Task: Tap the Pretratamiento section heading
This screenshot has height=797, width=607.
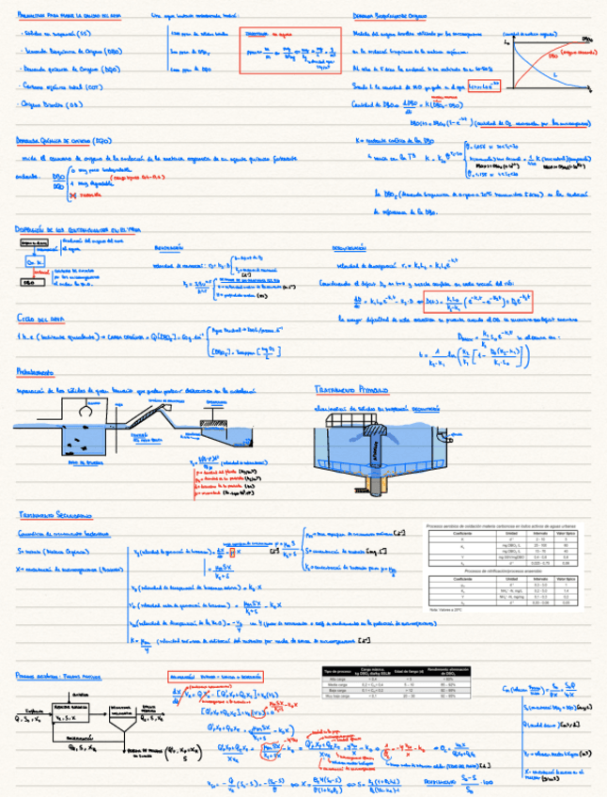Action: point(34,373)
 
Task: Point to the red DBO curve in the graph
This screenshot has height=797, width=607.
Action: point(545,58)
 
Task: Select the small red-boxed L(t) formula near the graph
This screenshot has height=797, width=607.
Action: point(484,86)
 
